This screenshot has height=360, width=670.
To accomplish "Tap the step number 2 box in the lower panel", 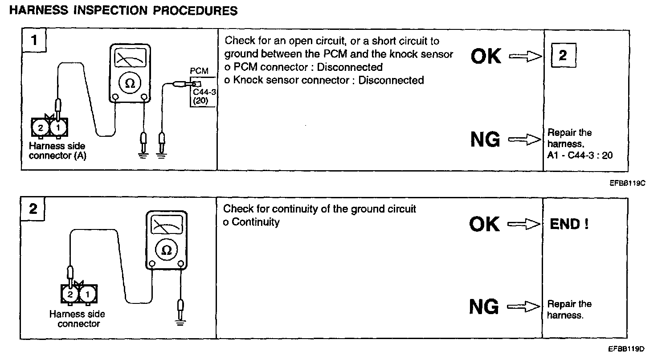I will point(33,209).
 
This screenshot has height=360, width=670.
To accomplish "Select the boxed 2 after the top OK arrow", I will point(563,56).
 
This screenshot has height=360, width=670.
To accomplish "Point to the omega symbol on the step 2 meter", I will point(166,250).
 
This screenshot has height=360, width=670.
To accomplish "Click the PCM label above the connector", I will point(199,71).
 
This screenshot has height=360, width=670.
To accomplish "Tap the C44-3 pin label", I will point(201,92).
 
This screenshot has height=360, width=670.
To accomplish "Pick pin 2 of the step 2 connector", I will point(70,295).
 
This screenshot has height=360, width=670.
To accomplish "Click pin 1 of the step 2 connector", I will point(87,295).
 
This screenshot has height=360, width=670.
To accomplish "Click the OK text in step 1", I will point(486,57).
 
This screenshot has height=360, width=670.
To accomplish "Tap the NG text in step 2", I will point(484,307).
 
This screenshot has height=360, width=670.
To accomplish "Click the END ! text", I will point(569,224).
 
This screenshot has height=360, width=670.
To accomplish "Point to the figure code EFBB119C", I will point(628,183).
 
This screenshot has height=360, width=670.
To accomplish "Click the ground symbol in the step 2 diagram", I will point(180,322).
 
